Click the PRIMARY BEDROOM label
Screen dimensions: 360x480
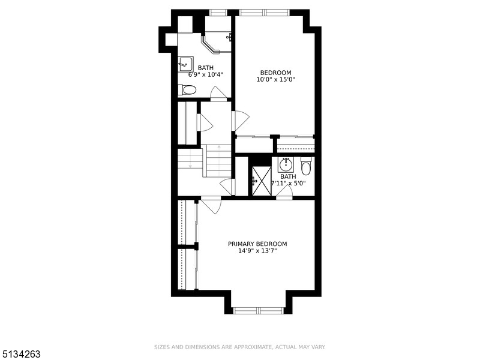pyautogui.click(x=257, y=244)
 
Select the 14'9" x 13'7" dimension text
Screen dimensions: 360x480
pyautogui.click(x=257, y=251)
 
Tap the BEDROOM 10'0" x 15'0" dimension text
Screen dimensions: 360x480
pyautogui.click(x=275, y=79)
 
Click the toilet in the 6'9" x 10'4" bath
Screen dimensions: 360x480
pyautogui.click(x=187, y=90)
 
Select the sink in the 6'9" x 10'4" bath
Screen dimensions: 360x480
pyautogui.click(x=185, y=64)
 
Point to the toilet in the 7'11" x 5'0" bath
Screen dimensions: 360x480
pyautogui.click(x=306, y=166)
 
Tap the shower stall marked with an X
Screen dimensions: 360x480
pyautogui.click(x=261, y=181)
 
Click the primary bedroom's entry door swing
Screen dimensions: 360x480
pyautogui.click(x=211, y=205)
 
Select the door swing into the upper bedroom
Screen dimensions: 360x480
pyautogui.click(x=240, y=121)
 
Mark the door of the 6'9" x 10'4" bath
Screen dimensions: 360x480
pyautogui.click(x=218, y=93)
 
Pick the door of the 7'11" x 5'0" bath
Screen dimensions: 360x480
pyautogui.click(x=284, y=193)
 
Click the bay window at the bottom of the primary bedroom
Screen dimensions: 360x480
pyautogui.click(x=258, y=310)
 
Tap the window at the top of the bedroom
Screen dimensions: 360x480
pyautogui.click(x=264, y=12)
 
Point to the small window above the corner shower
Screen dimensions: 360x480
pyautogui.click(x=218, y=12)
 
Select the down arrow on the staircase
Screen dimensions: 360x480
pyautogui.click(x=190, y=164)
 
